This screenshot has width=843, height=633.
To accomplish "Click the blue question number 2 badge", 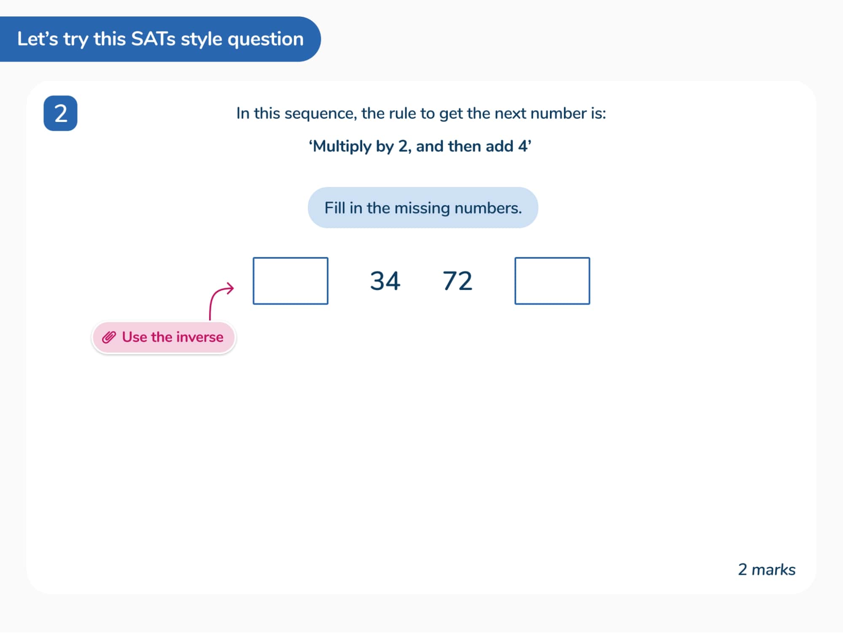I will click(60, 113).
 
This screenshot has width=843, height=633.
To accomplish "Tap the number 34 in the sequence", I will click(385, 281).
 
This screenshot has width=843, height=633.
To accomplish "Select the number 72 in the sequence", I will click(457, 281).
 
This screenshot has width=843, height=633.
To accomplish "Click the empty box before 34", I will click(290, 281).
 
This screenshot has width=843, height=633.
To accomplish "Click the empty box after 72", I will click(552, 281).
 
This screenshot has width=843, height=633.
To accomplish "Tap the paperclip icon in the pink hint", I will click(109, 337).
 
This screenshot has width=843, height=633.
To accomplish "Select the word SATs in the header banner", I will click(154, 39).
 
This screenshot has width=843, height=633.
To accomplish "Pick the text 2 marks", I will click(766, 570).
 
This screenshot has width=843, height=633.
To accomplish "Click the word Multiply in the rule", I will click(342, 146).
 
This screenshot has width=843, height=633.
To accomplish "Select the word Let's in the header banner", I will click(37, 39).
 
